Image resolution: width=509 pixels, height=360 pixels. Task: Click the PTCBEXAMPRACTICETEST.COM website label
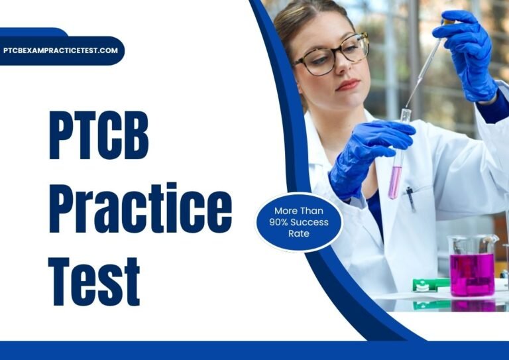(61, 50)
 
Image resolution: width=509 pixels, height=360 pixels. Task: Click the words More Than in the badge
(300, 211)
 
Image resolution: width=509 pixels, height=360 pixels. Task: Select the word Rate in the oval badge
(300, 233)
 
